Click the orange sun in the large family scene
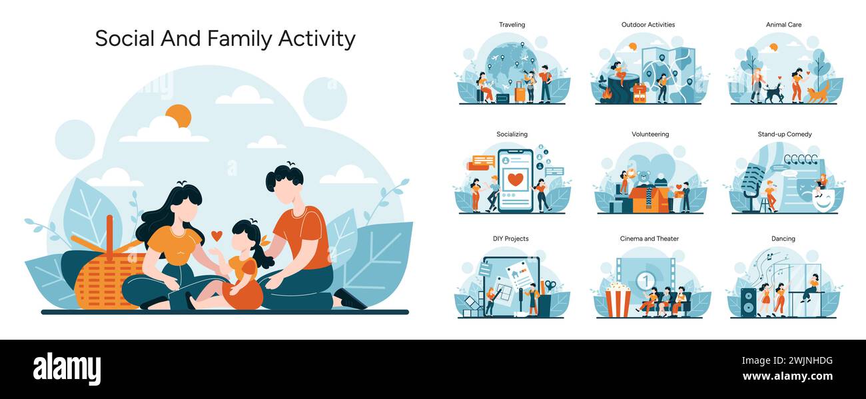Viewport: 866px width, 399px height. tap(179, 116)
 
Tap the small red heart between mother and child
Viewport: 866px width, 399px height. tap(216, 236)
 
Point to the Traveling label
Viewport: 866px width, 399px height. tap(512, 25)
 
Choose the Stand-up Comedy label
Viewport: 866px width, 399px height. tap(784, 134)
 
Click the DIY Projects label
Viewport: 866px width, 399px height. tap(510, 238)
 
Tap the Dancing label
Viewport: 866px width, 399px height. tap(783, 238)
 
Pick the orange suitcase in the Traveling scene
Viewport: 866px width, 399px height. tap(520, 92)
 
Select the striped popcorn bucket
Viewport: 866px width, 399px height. tap(618, 301)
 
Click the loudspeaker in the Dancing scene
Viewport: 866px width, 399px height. tap(748, 302)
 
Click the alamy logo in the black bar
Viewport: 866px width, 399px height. tap(67, 368)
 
